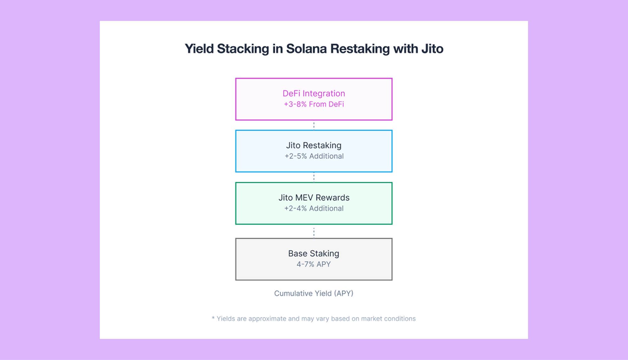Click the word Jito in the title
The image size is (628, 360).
(x=432, y=49)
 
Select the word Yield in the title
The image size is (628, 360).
(x=199, y=49)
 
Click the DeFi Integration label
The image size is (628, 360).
(x=314, y=93)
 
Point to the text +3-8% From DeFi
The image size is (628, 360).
(x=314, y=104)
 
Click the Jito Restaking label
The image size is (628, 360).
(x=314, y=145)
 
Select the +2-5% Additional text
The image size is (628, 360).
(x=314, y=156)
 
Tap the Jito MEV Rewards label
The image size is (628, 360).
(x=314, y=198)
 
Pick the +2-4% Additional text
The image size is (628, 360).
(x=314, y=208)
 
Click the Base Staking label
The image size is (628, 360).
(x=314, y=254)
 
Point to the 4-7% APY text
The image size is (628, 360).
(x=314, y=264)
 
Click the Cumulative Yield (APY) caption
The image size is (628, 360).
(x=314, y=293)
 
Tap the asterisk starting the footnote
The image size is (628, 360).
(x=213, y=318)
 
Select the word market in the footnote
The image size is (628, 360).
(x=371, y=319)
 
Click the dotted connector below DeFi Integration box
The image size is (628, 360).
(x=314, y=125)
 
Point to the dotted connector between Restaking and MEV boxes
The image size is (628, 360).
(x=314, y=177)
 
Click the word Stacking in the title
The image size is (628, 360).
(x=243, y=49)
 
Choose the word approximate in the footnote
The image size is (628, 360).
(x=267, y=319)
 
